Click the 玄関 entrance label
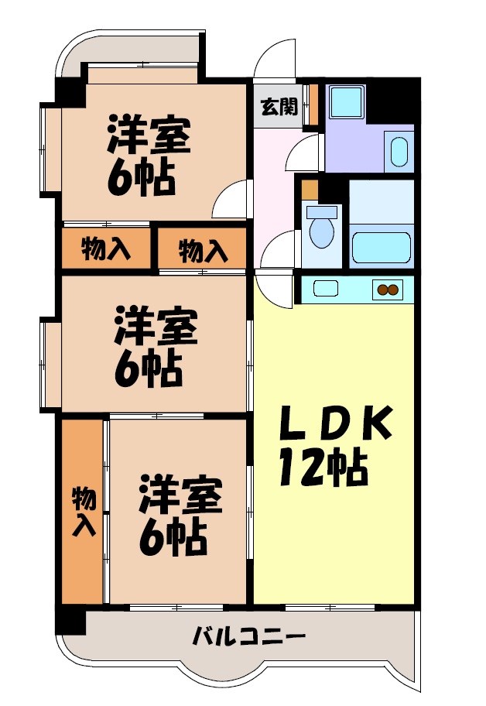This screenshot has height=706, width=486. (x=278, y=107)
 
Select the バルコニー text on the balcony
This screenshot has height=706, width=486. (x=248, y=638)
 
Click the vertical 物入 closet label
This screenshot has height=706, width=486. (x=84, y=512)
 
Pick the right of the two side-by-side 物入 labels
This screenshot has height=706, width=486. (x=203, y=250)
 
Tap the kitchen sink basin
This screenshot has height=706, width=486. (x=326, y=290)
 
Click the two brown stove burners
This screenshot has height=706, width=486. (x=386, y=291)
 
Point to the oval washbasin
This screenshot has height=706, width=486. (x=399, y=151)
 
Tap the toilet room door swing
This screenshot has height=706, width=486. (x=279, y=252)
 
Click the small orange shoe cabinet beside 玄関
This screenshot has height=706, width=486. (x=313, y=104)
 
